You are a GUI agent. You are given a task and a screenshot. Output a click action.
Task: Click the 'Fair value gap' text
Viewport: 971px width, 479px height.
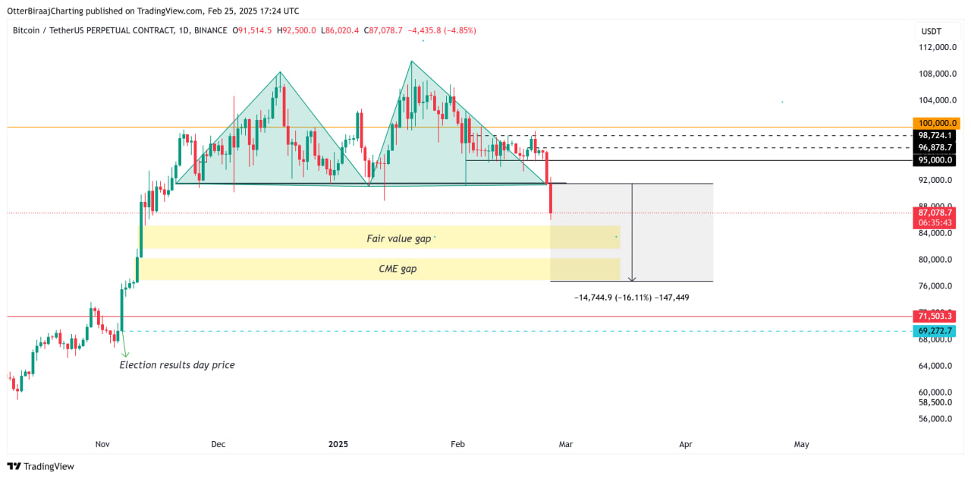(x=398, y=238)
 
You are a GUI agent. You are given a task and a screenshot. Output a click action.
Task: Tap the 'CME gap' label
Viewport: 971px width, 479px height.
(x=398, y=269)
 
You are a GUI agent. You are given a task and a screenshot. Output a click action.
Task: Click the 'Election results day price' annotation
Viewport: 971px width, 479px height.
(x=178, y=365)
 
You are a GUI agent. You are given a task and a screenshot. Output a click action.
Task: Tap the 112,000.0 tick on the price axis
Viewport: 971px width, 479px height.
(x=937, y=47)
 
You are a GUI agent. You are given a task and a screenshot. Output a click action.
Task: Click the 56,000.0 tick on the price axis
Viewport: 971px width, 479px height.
(x=937, y=418)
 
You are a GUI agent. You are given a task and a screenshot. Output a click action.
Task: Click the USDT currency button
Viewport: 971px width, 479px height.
(x=931, y=31)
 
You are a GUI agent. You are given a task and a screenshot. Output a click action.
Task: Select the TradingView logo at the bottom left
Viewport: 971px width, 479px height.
(x=41, y=466)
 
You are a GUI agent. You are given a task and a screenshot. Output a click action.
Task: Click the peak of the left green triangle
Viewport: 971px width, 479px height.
(x=279, y=72)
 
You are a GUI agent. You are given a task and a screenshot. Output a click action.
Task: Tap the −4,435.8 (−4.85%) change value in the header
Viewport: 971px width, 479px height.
(x=442, y=30)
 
